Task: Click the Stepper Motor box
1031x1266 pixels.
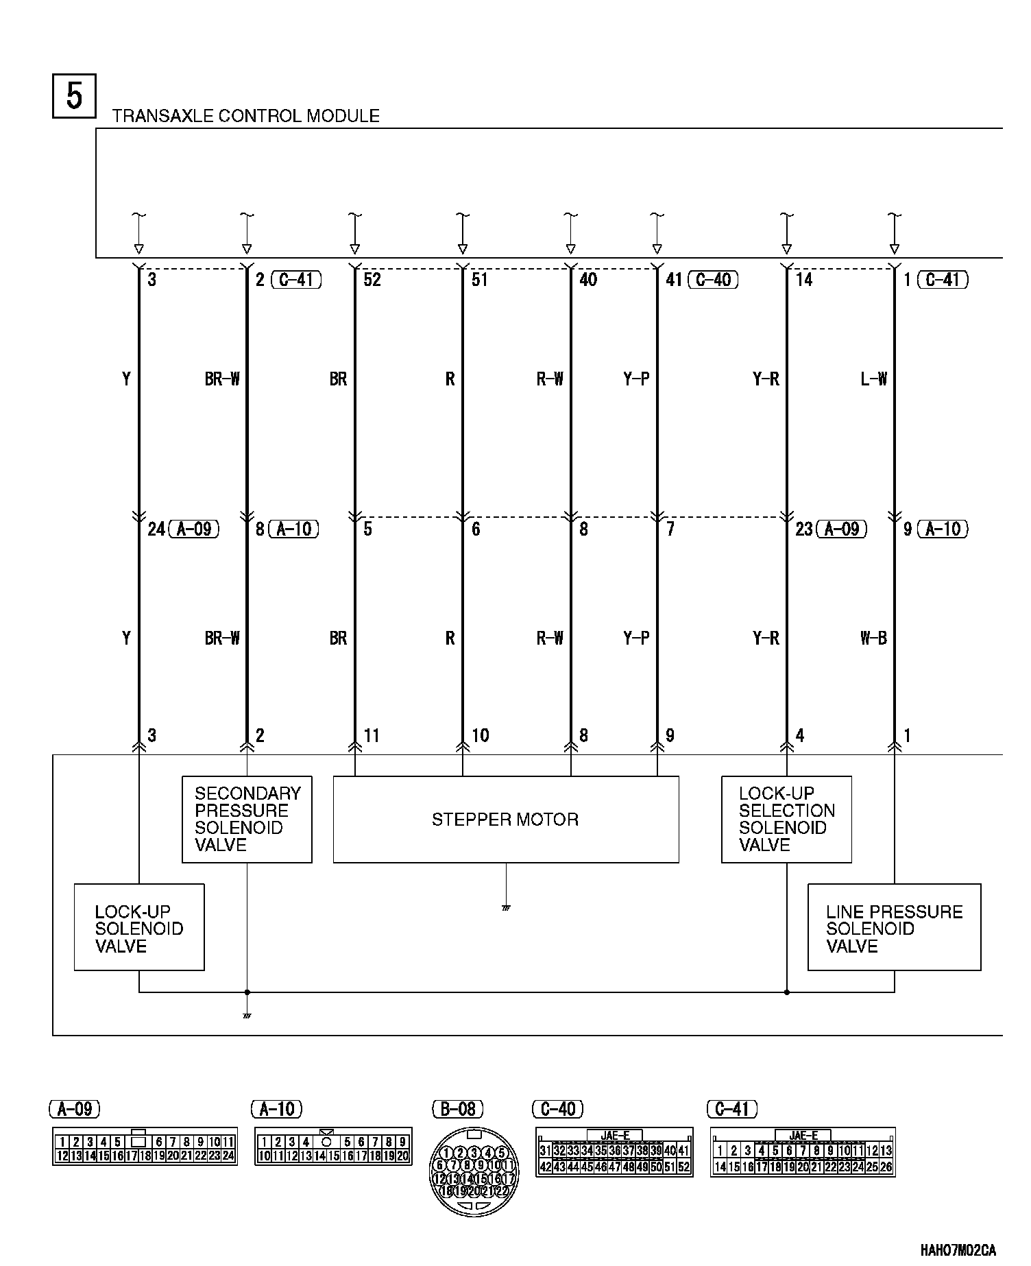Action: [506, 819]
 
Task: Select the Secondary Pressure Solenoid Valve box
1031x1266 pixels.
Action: [247, 819]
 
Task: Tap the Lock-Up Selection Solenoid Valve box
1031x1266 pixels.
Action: [786, 819]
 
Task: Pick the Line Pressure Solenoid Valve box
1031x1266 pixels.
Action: [894, 927]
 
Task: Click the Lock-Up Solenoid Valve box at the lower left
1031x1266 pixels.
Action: [139, 927]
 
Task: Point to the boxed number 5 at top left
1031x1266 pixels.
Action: [74, 96]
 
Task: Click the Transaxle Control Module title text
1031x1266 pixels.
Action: [245, 116]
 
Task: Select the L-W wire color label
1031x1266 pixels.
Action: [873, 379]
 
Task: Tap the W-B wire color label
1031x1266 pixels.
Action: [873, 638]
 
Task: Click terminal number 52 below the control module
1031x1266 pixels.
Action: [372, 280]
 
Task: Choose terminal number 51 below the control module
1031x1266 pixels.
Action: [480, 280]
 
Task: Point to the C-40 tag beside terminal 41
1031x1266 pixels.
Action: [713, 280]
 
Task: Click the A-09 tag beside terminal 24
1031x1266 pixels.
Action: [193, 529]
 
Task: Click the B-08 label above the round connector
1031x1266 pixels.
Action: [457, 1109]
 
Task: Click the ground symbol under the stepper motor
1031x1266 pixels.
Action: [506, 908]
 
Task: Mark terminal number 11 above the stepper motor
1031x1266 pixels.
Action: [371, 736]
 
